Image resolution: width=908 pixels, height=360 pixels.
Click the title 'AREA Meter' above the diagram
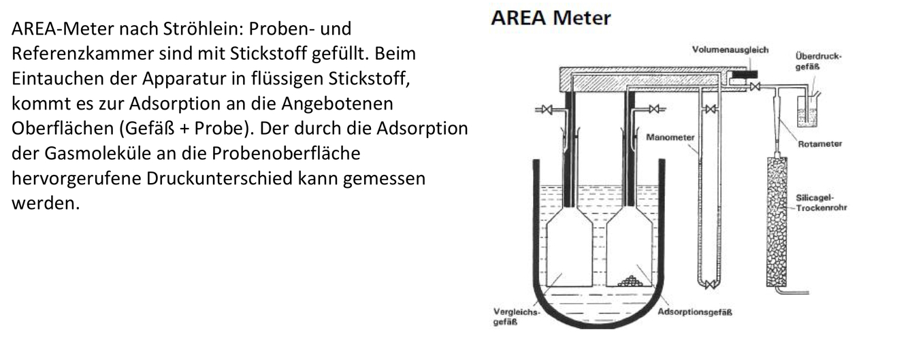[x=551, y=18]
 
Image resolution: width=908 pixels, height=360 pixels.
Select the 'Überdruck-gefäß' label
[x=817, y=61]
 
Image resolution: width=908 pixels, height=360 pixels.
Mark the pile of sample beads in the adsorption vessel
[x=635, y=280]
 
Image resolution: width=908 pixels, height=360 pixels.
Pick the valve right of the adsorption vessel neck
[x=656, y=109]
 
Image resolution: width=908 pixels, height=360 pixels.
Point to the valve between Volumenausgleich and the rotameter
[x=755, y=86]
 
